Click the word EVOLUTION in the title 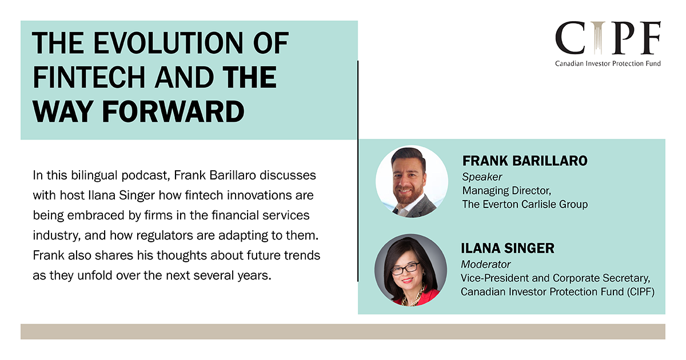[169, 43]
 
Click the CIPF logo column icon [598, 37]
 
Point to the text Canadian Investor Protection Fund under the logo [608, 63]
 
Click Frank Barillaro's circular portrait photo [412, 182]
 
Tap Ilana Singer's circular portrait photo [410, 270]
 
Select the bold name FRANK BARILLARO [525, 161]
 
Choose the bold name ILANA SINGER [508, 248]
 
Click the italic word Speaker [482, 177]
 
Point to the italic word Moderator [485, 264]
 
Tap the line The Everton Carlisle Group [525, 204]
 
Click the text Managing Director [506, 191]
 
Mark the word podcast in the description [146, 176]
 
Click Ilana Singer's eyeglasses [405, 269]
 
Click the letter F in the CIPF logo [650, 37]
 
